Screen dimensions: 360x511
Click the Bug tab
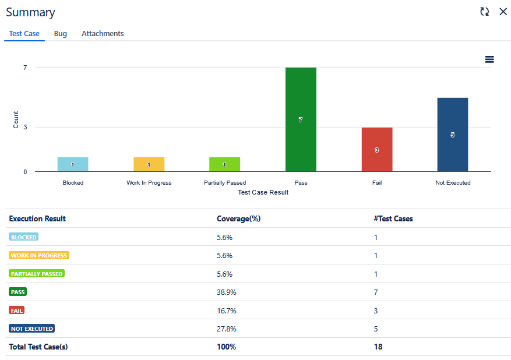(61, 34)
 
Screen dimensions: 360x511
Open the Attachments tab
(103, 34)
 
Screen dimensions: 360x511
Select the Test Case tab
(24, 34)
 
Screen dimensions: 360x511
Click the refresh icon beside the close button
(484, 12)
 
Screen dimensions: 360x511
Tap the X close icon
(503, 12)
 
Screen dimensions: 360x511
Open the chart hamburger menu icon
(489, 59)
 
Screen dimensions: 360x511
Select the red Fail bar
(377, 150)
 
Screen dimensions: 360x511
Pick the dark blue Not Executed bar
(453, 135)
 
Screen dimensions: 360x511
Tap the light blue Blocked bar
(73, 164)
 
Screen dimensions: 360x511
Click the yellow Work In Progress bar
(149, 164)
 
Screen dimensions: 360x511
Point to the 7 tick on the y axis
(25, 68)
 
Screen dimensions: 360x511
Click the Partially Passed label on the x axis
(225, 183)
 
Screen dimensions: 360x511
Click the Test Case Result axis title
(263, 192)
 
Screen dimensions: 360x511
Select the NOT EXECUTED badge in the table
(32, 329)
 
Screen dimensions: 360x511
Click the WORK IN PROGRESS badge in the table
(39, 255)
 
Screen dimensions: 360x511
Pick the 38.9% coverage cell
(227, 292)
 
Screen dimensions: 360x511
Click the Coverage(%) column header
(238, 218)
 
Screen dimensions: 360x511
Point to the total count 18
(378, 347)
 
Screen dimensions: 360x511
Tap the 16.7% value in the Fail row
(227, 310)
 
